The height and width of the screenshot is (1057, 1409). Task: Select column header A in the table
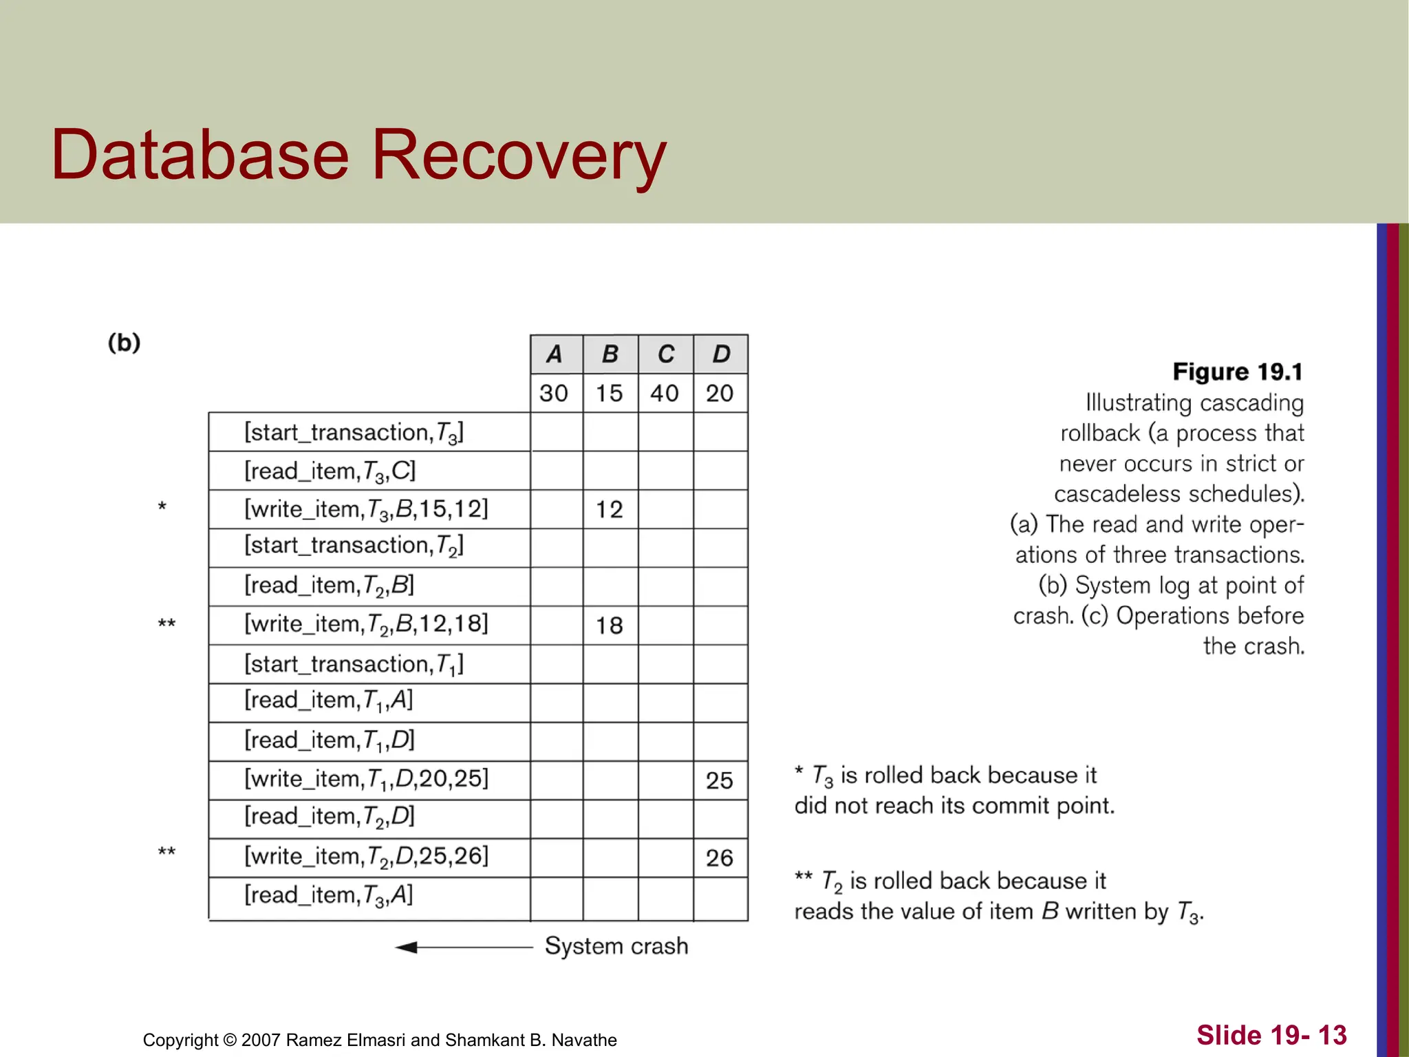555,354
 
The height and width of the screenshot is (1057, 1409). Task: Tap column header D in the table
720,354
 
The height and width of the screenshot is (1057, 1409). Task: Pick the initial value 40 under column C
665,394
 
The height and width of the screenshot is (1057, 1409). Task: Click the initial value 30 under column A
554,394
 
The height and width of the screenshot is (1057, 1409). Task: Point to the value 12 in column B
610,510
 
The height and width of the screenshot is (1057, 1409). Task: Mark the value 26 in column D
720,858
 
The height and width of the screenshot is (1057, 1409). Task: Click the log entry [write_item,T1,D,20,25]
366,779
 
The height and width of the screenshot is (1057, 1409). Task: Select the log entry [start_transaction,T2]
354,546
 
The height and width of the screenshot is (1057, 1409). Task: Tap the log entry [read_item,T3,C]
330,471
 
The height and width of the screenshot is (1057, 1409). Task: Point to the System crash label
616,946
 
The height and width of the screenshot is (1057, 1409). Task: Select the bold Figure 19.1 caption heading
1238,372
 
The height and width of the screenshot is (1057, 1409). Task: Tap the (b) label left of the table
124,343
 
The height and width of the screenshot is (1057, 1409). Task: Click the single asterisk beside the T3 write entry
162,508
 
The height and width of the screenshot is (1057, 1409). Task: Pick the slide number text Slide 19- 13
1271,1035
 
